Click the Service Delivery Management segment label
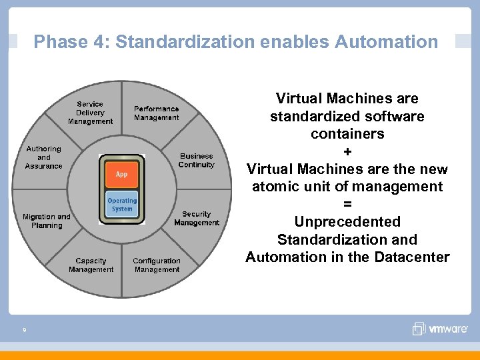tap(90, 113)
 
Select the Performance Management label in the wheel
tap(156, 113)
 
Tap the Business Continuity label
tap(197, 160)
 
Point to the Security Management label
tap(197, 218)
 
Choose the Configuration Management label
tap(157, 265)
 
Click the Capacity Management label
tap(91, 265)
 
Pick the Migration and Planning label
tap(46, 221)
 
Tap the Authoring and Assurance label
tap(44, 157)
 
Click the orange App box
tap(122, 174)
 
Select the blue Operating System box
tap(122, 205)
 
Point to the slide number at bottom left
tap(24, 329)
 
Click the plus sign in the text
tap(347, 151)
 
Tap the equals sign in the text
tap(347, 204)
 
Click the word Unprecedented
tap(347, 221)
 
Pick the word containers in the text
tap(347, 133)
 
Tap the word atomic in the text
tap(273, 187)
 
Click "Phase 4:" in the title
tap(72, 42)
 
